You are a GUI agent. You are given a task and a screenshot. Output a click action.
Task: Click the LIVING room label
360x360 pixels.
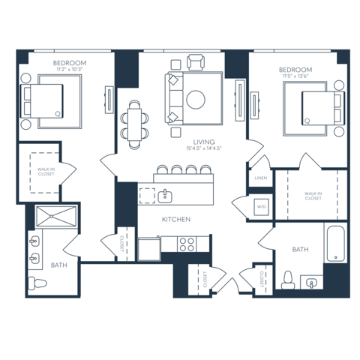tap(204, 142)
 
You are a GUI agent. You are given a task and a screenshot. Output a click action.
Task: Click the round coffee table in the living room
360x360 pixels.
tap(198, 99)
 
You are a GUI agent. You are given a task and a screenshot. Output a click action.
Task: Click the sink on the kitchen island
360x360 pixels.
tap(165, 196)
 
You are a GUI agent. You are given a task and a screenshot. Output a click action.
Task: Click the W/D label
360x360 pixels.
tap(261, 206)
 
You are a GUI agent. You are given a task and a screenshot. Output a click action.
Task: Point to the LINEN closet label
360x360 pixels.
tap(260, 178)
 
